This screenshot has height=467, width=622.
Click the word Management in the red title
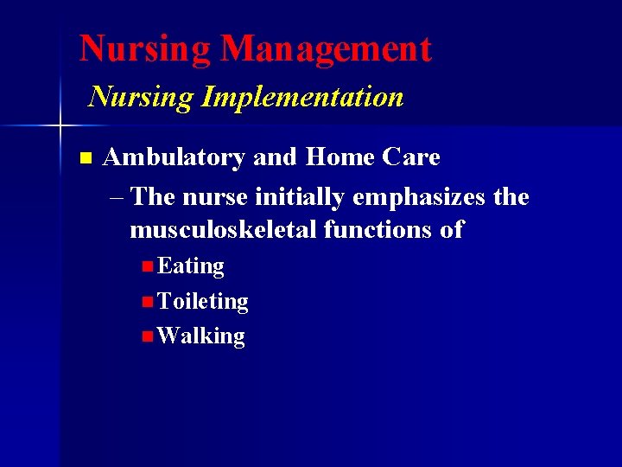click(326, 49)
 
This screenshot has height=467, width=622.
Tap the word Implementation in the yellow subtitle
click(302, 97)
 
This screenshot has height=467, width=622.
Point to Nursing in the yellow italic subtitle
click(142, 97)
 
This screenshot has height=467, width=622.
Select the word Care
click(409, 157)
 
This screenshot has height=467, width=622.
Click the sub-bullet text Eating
click(191, 266)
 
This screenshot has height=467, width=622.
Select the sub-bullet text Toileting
click(203, 301)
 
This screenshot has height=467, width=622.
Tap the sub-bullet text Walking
click(201, 336)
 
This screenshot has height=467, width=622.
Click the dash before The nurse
click(117, 198)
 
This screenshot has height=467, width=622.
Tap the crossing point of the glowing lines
click(60, 127)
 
